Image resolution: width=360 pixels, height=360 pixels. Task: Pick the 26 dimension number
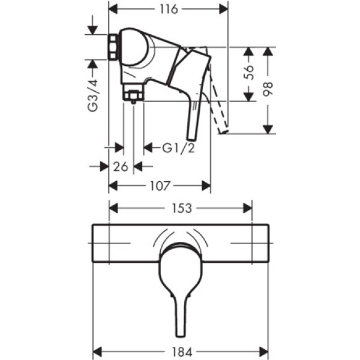121,167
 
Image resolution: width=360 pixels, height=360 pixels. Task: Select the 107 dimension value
160,187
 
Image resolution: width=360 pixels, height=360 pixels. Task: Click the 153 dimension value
181,208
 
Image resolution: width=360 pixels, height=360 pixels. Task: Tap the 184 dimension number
181,352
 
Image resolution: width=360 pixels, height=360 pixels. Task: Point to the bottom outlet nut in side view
133,94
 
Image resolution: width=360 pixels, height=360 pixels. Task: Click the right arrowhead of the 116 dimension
223,10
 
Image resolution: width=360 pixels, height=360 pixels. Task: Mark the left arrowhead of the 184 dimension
97,352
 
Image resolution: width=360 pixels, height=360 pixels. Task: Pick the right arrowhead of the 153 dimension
247,208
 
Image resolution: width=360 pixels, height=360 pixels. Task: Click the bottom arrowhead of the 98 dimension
268,128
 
